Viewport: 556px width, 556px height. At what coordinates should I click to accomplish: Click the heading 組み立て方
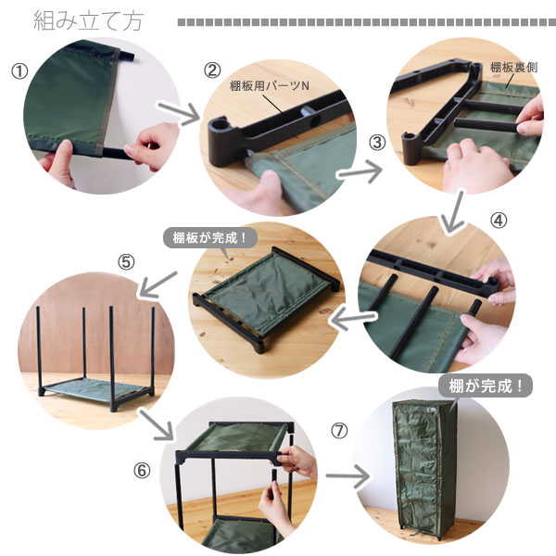88,21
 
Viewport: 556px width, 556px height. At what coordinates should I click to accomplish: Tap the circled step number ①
19,71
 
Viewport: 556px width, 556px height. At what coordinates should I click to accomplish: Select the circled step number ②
212,70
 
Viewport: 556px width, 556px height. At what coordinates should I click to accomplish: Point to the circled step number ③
377,143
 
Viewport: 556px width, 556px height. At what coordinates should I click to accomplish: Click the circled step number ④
499,221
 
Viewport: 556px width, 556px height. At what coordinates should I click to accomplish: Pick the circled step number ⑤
127,263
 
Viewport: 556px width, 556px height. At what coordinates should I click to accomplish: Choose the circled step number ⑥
142,471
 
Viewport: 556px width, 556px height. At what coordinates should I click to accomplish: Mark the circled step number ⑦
339,431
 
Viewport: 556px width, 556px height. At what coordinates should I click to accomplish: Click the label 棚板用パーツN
270,86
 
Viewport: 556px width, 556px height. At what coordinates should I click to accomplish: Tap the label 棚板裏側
513,68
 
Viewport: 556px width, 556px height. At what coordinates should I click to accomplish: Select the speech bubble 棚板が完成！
210,237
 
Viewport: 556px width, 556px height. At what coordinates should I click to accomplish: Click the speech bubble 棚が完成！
486,385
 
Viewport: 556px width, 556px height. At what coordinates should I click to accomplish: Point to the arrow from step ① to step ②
179,113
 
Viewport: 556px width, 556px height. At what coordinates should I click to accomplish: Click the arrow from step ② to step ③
360,172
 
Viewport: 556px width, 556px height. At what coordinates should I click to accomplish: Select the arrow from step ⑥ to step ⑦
347,476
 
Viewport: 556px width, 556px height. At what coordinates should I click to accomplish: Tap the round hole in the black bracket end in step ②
221,124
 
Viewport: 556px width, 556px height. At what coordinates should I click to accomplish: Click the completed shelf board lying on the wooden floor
267,298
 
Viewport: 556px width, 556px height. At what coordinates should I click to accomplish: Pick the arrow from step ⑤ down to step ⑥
156,424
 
